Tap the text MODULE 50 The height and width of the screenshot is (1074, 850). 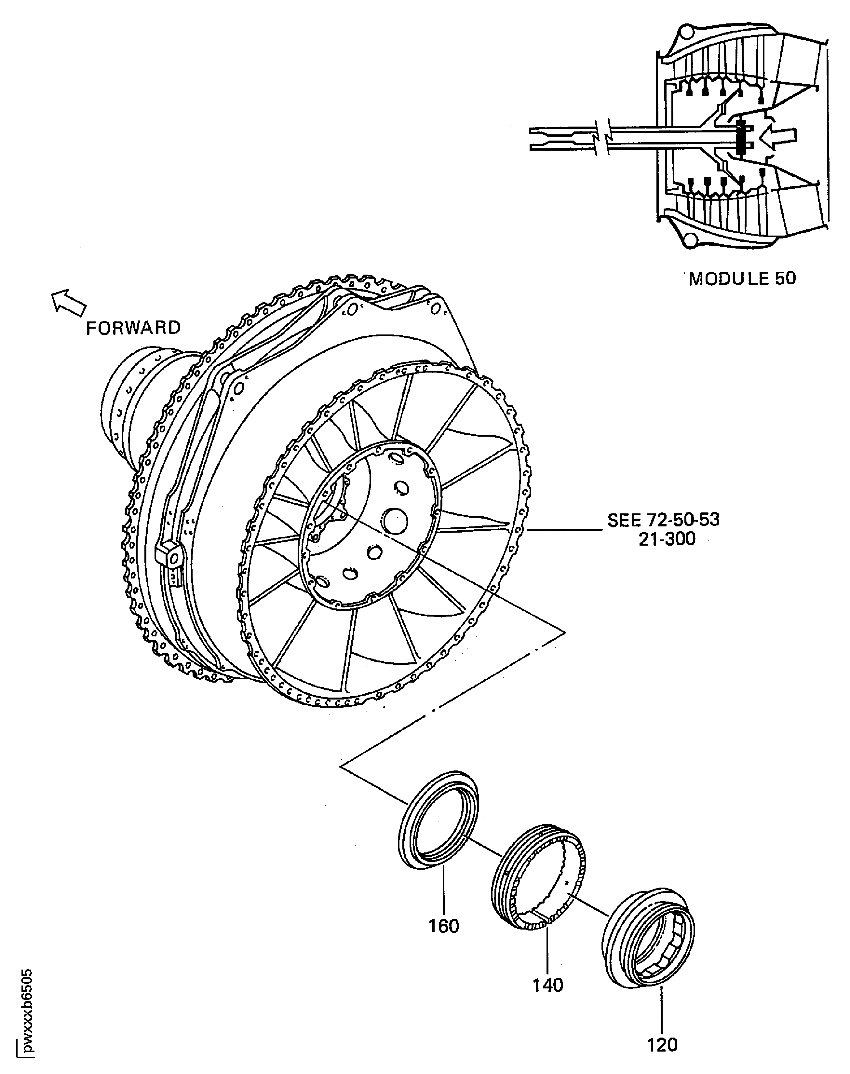[x=742, y=279]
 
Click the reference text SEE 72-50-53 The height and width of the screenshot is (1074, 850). [x=663, y=520]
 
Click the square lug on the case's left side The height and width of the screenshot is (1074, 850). [x=168, y=555]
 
